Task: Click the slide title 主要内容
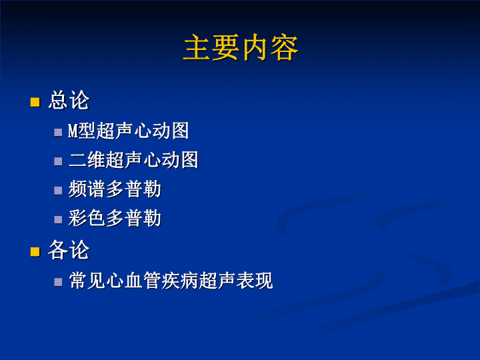point(241,47)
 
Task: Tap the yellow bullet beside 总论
point(35,102)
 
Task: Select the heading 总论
point(69,100)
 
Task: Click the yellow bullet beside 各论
point(35,251)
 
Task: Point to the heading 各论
point(69,250)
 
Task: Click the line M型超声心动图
point(128,131)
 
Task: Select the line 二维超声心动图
point(133,160)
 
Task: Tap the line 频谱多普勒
point(115,189)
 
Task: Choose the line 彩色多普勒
point(115,218)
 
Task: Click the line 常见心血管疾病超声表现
point(171,280)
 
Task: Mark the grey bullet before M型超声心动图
point(58,132)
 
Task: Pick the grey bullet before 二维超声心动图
point(58,161)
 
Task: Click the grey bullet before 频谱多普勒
point(58,191)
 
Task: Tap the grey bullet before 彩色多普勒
point(58,219)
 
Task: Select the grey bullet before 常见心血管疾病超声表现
point(58,281)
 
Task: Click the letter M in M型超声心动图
point(72,131)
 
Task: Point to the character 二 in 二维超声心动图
point(78,160)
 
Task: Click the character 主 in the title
point(196,47)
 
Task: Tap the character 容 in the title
point(285,47)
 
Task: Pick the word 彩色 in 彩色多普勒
point(87,218)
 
